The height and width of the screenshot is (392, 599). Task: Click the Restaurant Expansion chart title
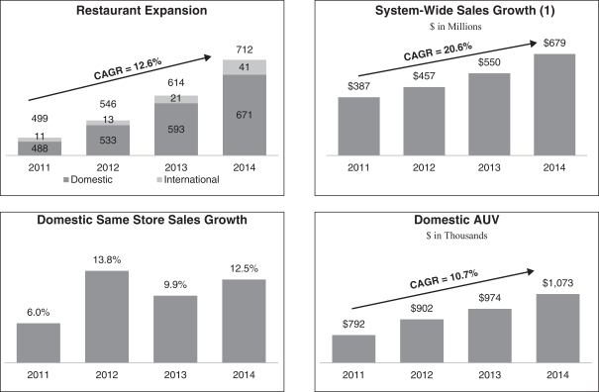142,10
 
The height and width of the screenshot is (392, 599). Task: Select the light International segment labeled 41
245,67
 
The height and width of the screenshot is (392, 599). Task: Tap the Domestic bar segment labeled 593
176,129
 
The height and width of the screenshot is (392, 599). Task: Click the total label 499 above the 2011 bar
40,119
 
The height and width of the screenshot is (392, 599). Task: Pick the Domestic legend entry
88,179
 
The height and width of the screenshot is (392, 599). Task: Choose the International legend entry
188,179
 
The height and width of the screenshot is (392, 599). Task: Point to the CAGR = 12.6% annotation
128,68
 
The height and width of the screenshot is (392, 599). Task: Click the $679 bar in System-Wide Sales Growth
554,105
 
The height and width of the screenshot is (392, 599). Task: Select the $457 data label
424,76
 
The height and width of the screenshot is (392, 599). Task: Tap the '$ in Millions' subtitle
455,27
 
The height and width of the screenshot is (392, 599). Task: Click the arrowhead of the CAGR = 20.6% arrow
535,44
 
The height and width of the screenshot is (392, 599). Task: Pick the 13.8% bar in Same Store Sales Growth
107,317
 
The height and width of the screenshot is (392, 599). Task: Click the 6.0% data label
39,313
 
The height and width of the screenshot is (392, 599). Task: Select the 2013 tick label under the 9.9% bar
175,375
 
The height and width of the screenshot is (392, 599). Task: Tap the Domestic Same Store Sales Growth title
143,220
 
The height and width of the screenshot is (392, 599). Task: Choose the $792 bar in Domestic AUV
353,348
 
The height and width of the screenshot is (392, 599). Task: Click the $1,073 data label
557,283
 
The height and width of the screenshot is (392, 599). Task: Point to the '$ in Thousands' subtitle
456,236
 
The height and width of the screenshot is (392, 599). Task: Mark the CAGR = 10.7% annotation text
444,279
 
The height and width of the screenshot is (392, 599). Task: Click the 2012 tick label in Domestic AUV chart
422,375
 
